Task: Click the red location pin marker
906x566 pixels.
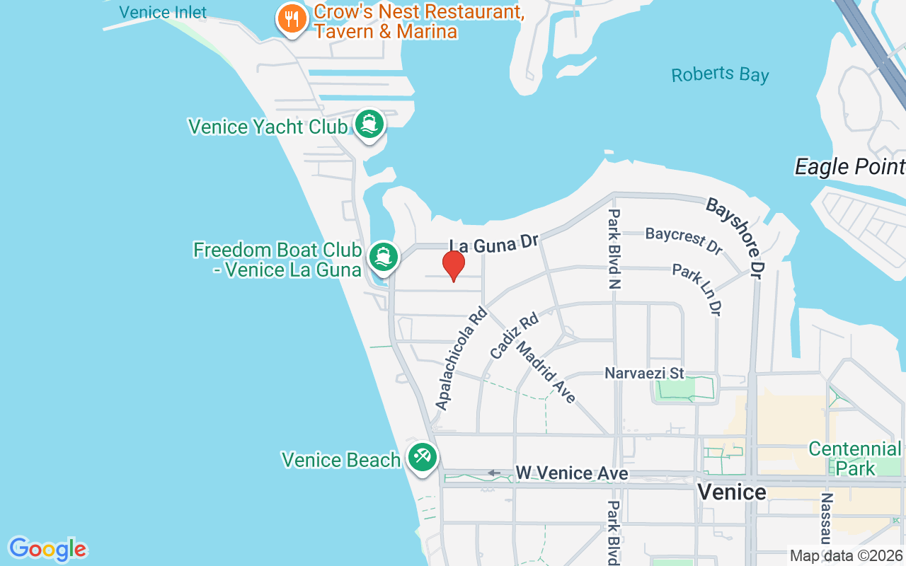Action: click(453, 265)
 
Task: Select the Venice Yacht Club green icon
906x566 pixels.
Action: click(369, 124)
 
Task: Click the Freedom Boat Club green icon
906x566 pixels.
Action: click(384, 257)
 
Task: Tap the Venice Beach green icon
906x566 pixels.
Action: click(423, 457)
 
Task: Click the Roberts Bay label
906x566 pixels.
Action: click(720, 74)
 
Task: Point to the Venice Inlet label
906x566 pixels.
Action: click(163, 12)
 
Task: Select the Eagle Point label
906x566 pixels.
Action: click(849, 166)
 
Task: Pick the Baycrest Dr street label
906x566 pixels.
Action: click(683, 241)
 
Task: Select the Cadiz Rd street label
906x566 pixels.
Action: click(515, 335)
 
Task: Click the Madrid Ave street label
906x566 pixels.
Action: click(546, 372)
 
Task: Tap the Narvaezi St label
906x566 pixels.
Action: click(644, 372)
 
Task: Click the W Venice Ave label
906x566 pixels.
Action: click(571, 473)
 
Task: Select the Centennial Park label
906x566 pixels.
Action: click(855, 458)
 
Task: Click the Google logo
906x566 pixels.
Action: click(47, 549)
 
